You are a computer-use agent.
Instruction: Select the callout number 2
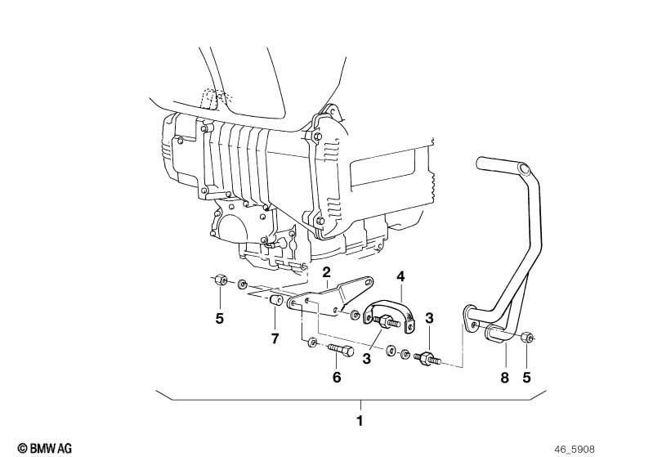326,271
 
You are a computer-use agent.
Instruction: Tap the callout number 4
401,276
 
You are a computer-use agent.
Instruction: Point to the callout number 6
336,377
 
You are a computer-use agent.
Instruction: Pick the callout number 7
275,338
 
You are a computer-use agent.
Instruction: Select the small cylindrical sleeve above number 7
275,306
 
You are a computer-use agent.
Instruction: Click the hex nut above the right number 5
527,337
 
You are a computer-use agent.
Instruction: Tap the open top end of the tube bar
481,163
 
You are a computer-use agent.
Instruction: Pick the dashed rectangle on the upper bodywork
214,98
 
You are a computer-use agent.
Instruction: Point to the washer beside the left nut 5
243,286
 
